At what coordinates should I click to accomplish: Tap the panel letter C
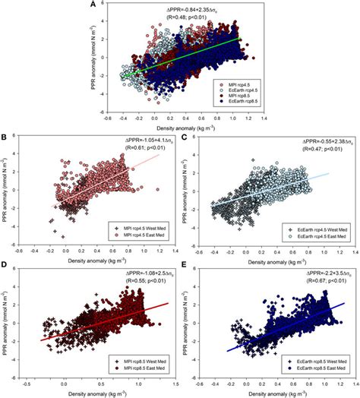185,138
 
